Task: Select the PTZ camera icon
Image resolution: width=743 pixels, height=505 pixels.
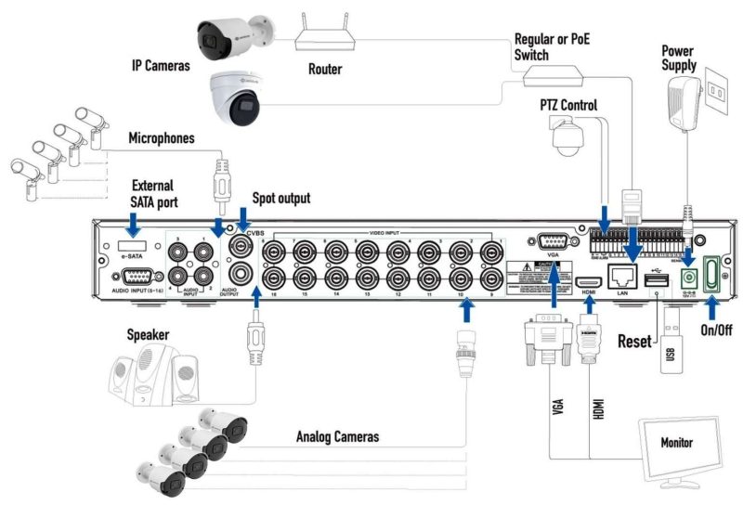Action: (567, 138)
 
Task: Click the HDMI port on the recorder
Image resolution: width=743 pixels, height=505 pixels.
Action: (588, 282)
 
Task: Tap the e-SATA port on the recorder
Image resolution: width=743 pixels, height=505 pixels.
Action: (132, 248)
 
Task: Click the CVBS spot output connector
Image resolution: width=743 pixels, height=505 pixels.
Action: (243, 247)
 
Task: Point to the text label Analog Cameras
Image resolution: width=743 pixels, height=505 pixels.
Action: (337, 435)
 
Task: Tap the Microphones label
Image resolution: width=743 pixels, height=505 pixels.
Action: (163, 138)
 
